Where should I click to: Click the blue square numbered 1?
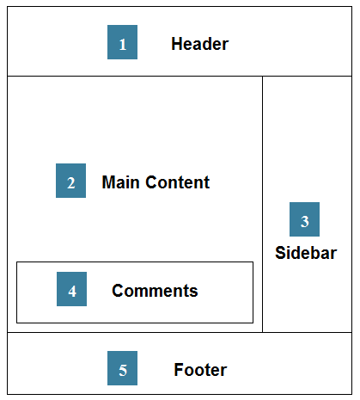coord(122,42)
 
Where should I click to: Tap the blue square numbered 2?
coord(70,181)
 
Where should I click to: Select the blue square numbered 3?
coord(304,219)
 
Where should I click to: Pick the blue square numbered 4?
coord(71,289)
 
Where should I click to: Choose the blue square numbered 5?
coord(122,368)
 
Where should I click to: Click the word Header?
coord(200,44)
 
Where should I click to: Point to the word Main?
coord(120,182)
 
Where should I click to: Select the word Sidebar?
coord(306,253)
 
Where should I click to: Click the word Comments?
coord(155,291)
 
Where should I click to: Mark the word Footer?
coord(200,370)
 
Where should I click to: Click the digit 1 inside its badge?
coord(123,45)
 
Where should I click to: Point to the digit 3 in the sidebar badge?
coord(305,222)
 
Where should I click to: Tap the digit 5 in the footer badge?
coord(123,370)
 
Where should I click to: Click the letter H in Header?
coord(177,44)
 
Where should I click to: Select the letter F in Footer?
coord(179,370)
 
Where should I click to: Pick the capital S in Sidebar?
coord(281,253)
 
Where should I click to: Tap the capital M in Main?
coord(109,182)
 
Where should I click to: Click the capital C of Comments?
coord(119,291)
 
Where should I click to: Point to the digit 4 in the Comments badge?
coord(72,292)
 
